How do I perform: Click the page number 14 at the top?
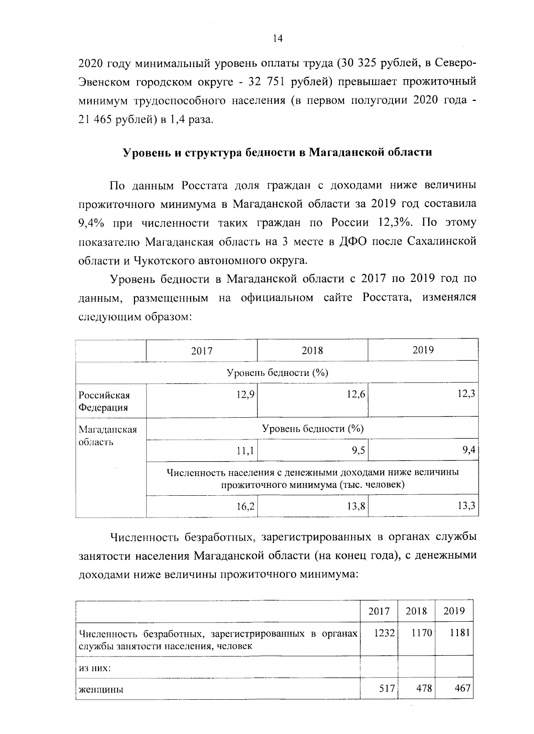(278, 39)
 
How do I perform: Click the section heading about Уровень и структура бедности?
(277, 152)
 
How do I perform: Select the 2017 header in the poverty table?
(202, 351)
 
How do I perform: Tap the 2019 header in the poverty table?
(423, 350)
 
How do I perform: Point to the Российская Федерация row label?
(104, 401)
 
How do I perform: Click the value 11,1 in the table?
(245, 451)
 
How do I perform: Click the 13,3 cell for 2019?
(466, 506)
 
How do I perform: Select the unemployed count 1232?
(384, 633)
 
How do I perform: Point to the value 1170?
(421, 633)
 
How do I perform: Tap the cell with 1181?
(459, 633)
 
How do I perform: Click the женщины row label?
(101, 689)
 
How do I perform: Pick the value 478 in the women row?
(424, 689)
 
